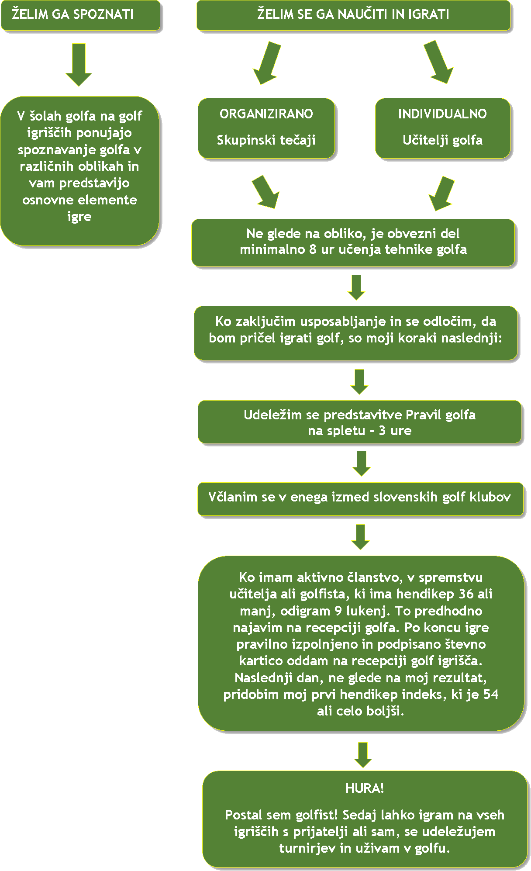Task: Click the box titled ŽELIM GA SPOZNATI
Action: [80, 15]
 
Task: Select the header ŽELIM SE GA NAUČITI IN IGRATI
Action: [353, 15]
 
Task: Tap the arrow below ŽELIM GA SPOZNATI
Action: [79, 64]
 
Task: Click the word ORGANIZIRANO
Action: [266, 114]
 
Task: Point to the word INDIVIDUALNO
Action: [442, 114]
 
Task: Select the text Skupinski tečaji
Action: [266, 140]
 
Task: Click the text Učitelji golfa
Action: [442, 140]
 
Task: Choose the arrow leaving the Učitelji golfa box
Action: [442, 193]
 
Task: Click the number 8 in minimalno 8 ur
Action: [313, 249]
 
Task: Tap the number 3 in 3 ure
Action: [382, 431]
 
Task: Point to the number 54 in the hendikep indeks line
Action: [491, 694]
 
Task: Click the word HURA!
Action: [365, 788]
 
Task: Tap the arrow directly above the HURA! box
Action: [363, 754]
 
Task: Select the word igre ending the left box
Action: [79, 217]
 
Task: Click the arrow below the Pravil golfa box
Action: [362, 463]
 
